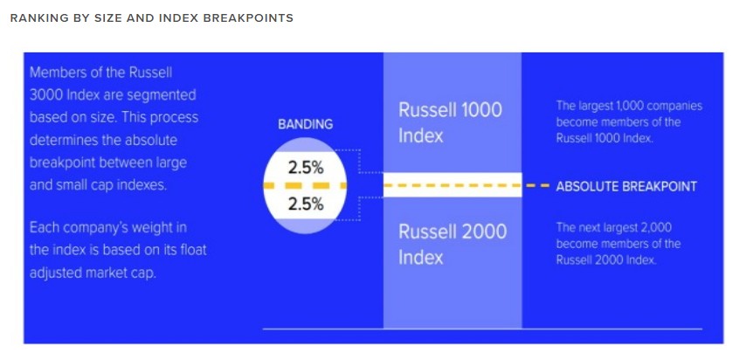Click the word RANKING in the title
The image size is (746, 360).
[x=38, y=18]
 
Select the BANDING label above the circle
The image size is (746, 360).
[x=305, y=124]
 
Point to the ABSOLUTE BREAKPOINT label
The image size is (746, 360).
[x=625, y=186]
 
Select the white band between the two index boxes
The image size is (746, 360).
[x=452, y=185]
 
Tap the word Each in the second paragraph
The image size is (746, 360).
[x=44, y=228]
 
